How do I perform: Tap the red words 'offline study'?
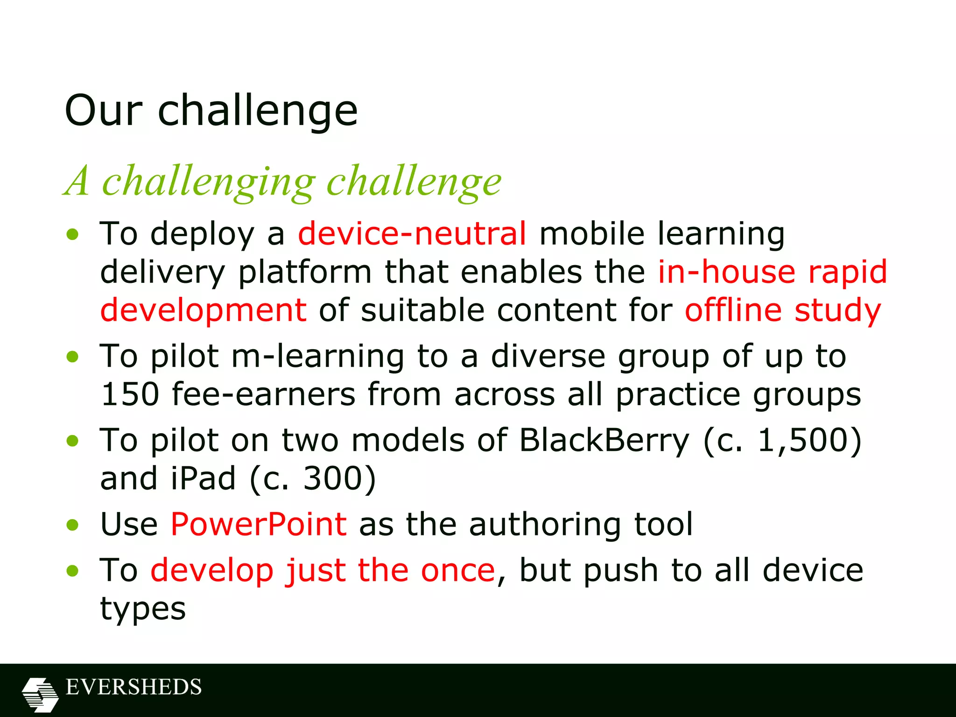click(x=783, y=310)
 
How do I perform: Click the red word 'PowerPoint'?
click(x=259, y=524)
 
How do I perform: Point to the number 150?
click(x=130, y=394)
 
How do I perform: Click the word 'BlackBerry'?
click(x=604, y=440)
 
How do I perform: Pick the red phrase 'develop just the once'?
click(x=323, y=570)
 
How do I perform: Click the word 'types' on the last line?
click(x=143, y=609)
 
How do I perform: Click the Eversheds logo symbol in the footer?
click(x=40, y=695)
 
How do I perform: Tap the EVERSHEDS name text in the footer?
click(x=134, y=687)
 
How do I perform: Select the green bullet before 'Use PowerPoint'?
click(x=72, y=525)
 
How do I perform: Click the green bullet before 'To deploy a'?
click(x=72, y=234)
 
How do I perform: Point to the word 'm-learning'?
click(x=317, y=356)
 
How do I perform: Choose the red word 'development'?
click(x=204, y=310)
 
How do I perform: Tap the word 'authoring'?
click(x=545, y=524)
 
